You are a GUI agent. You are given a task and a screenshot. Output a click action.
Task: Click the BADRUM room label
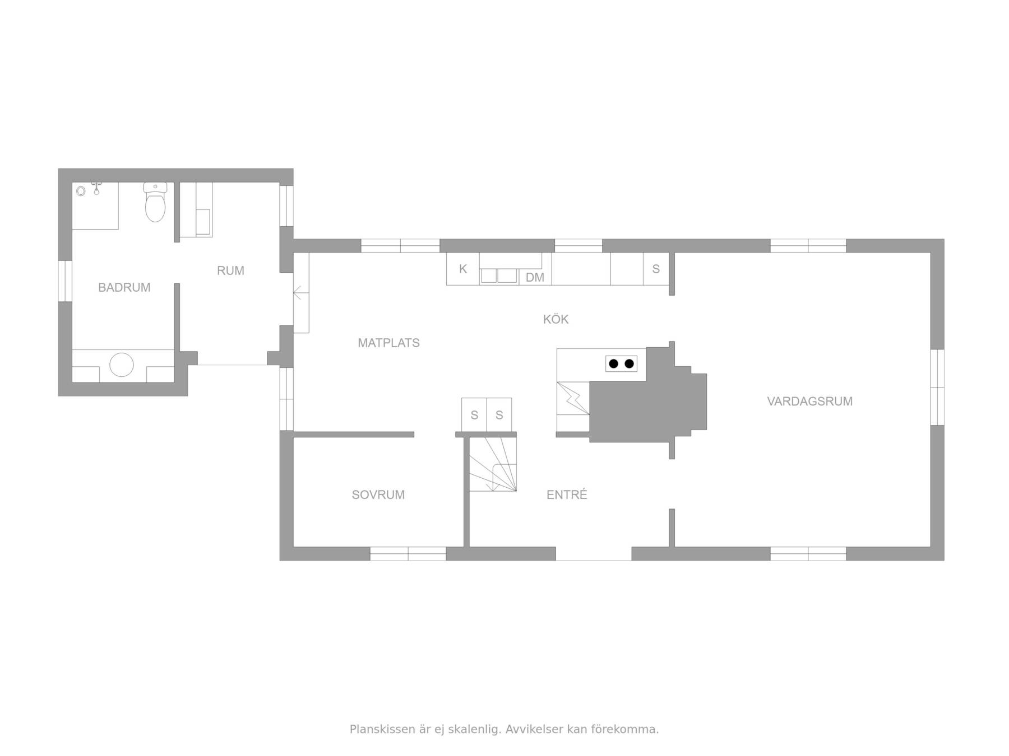pos(124,287)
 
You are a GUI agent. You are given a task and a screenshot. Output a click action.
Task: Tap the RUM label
pos(230,270)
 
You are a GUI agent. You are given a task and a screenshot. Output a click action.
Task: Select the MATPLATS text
pos(388,343)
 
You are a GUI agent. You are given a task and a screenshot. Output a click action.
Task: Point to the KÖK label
pos(556,319)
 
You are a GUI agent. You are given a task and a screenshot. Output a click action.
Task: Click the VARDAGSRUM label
pos(809,401)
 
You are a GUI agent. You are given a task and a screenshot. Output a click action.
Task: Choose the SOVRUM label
pos(378,494)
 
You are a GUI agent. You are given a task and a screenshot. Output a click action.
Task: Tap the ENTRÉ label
pos(567,494)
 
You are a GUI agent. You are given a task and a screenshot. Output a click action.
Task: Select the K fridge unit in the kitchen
pos(463,269)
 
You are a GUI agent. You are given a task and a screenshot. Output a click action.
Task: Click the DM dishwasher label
pos(535,277)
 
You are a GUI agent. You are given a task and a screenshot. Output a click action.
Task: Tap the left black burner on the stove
pos(613,364)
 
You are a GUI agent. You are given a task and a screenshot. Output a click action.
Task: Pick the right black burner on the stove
pos(629,364)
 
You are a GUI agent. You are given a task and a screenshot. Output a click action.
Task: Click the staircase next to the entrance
pos(493,464)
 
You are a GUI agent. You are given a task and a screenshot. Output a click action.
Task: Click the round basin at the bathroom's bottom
pos(122,365)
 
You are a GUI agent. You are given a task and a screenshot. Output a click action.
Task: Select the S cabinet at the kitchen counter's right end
pos(656,269)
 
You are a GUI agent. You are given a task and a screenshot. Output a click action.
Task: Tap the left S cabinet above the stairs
pos(474,415)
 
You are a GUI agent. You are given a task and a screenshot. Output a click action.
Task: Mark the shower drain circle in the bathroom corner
pos(81,192)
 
